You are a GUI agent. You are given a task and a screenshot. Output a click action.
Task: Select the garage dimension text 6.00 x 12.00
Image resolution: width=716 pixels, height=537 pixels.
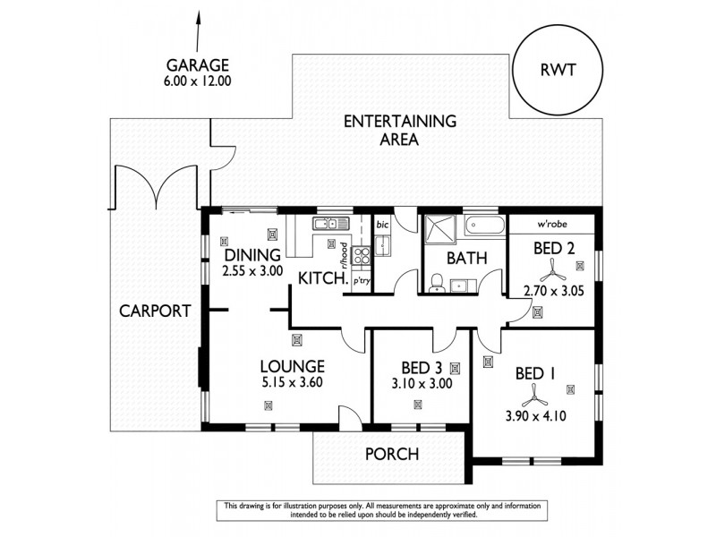point(197,81)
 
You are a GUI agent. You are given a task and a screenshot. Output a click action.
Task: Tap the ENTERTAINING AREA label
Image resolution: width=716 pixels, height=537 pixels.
point(401,130)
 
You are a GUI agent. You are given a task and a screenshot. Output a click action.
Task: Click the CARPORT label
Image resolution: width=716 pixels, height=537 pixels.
point(155,311)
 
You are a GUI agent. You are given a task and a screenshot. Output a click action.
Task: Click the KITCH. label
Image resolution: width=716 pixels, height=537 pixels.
point(322,278)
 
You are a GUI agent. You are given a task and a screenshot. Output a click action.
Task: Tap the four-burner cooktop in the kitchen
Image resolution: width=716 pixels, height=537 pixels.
point(362,257)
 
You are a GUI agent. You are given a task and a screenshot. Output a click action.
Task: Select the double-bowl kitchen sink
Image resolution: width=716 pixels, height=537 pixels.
point(328,223)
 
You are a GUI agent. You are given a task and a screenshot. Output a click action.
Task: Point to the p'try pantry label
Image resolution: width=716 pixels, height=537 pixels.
point(362,281)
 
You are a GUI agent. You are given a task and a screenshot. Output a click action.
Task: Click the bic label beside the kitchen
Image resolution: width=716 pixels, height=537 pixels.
point(381,224)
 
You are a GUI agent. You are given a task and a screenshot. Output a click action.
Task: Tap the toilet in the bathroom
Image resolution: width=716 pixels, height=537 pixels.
point(436,283)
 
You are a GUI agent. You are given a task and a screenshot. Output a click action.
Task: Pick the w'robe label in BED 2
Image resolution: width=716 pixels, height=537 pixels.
point(549,223)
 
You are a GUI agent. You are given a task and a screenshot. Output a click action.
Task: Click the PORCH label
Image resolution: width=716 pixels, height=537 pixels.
point(391,454)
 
